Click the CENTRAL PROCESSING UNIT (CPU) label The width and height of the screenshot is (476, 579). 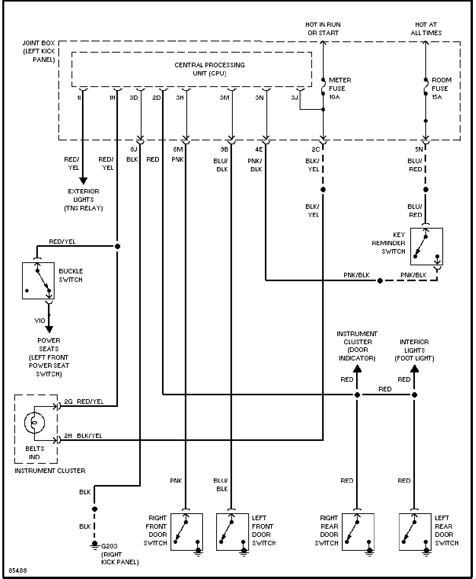coord(210,69)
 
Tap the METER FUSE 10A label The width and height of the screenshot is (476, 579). coord(340,89)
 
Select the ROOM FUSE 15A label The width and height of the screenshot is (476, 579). coord(442,89)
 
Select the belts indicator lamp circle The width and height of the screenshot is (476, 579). coord(25,423)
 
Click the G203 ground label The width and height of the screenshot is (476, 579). coord(109,546)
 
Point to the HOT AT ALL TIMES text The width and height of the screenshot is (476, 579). coord(426,29)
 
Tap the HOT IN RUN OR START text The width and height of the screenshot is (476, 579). coord(323,29)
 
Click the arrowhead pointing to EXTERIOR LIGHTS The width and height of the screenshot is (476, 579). coord(83,181)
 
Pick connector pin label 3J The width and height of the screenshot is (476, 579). coord(295,97)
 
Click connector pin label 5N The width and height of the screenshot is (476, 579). coord(419,149)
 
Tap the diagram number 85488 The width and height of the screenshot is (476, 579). coord(18,570)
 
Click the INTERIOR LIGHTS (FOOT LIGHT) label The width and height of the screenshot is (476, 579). coord(414,350)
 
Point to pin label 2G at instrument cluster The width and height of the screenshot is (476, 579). coord(68,401)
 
